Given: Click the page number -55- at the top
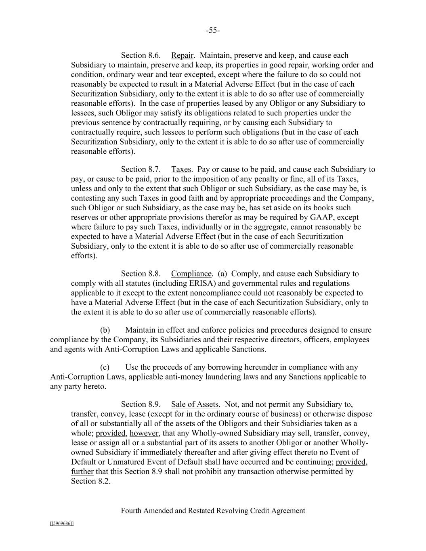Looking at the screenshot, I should [x=213, y=31].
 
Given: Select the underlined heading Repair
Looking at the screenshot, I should [x=183, y=55].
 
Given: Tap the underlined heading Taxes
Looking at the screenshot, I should [x=181, y=169].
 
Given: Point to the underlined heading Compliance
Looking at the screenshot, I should [x=191, y=274].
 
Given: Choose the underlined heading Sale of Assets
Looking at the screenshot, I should [x=195, y=404].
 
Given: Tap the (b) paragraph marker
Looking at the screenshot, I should [x=105, y=330].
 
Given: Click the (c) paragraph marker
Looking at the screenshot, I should [x=105, y=367].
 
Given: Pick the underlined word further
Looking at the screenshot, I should [x=82, y=472].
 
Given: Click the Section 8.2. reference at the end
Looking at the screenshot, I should [x=90, y=482].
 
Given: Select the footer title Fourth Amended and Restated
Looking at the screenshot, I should [x=168, y=511].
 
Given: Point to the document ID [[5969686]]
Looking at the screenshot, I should [x=62, y=524].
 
